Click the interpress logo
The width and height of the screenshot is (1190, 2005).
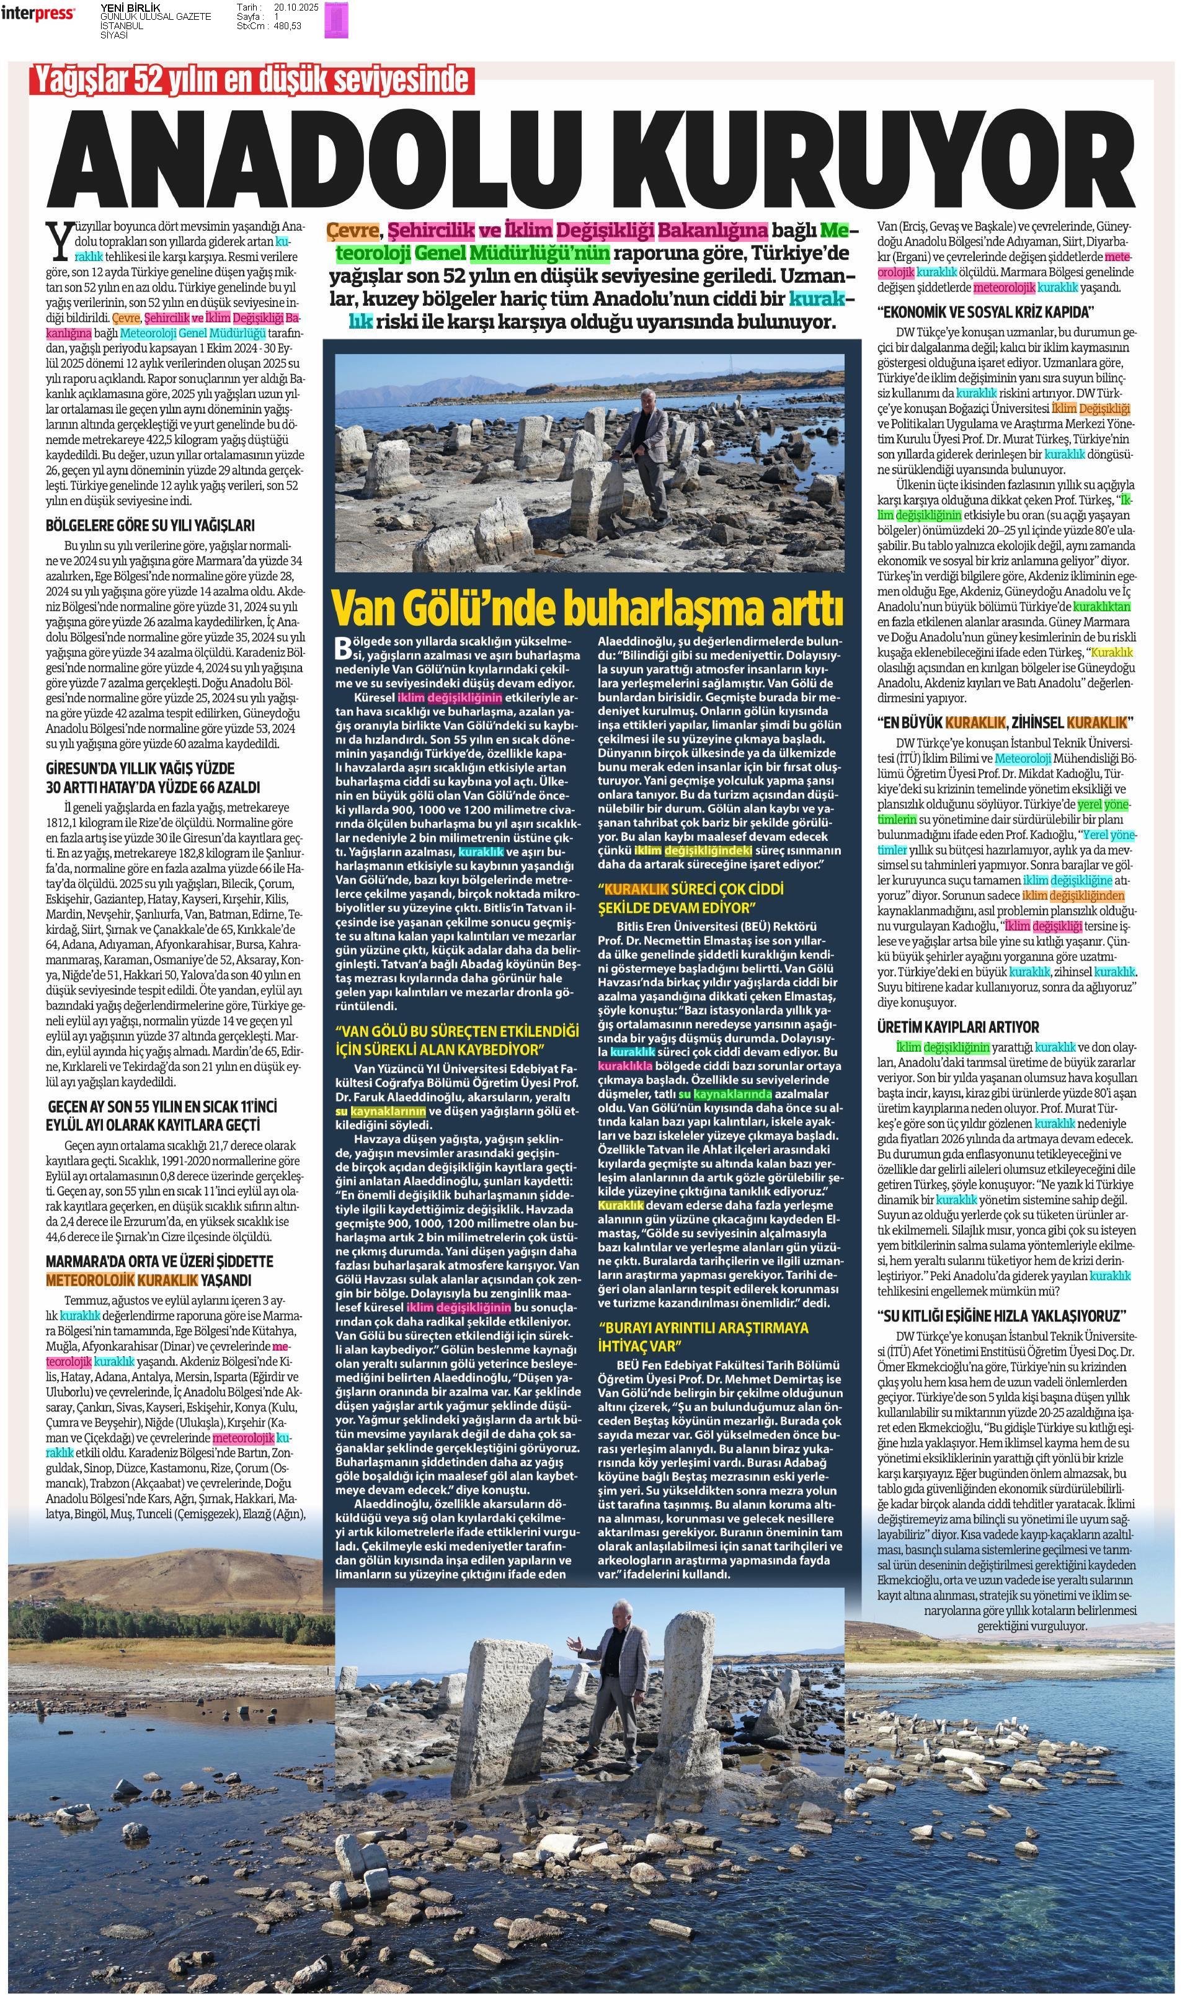tap(38, 14)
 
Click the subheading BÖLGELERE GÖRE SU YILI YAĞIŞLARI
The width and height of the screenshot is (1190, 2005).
tap(150, 526)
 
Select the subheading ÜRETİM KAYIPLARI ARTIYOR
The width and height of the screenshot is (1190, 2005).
tap(957, 1028)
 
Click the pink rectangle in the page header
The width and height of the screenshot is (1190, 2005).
tap(336, 19)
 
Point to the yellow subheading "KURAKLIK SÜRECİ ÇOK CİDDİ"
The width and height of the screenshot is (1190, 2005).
tap(691, 898)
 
